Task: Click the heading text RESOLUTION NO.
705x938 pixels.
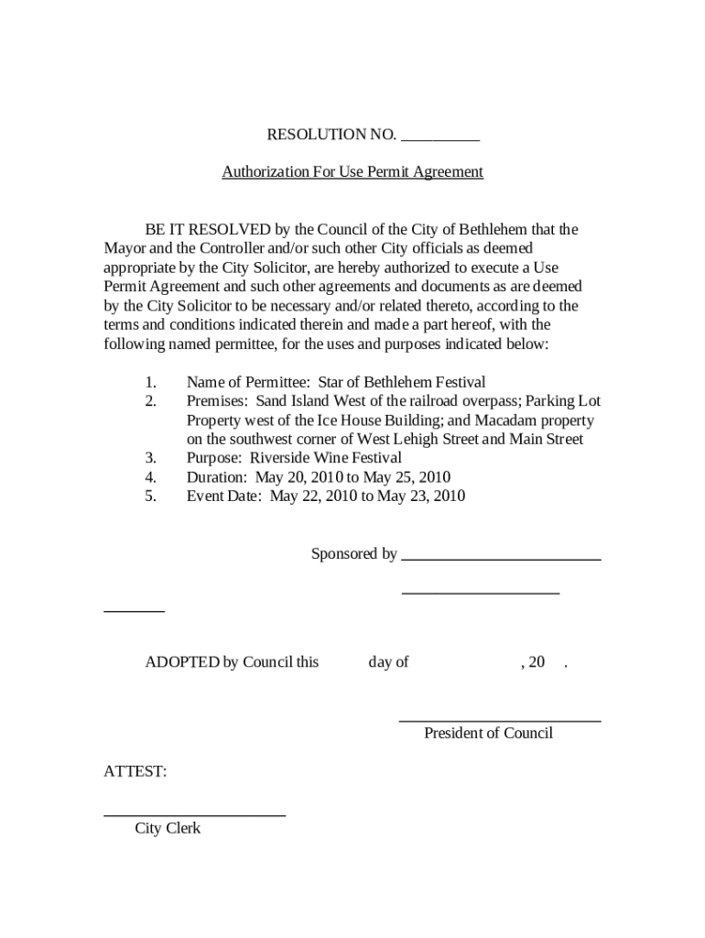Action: (331, 135)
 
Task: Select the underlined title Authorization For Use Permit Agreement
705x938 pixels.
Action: (352, 171)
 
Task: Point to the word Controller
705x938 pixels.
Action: (211, 248)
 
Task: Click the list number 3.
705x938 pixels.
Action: (150, 458)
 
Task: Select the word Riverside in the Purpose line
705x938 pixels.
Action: (280, 458)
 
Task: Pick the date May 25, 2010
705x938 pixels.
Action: (407, 477)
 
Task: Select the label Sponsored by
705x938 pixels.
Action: (353, 553)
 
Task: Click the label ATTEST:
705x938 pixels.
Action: (135, 771)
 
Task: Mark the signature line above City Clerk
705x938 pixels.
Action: (194, 814)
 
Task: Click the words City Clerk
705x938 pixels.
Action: (168, 828)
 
